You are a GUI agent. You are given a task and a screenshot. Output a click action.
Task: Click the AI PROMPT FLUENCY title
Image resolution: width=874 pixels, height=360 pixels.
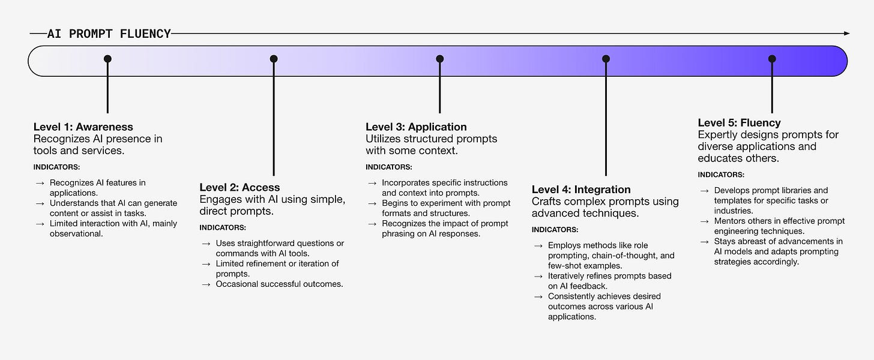pos(109,34)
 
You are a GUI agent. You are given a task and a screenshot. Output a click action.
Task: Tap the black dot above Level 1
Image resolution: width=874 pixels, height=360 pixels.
pos(107,59)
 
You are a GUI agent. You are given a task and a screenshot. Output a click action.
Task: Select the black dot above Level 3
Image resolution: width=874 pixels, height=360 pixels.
pos(440,59)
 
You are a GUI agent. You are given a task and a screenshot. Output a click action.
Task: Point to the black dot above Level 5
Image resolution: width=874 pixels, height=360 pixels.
pos(772,59)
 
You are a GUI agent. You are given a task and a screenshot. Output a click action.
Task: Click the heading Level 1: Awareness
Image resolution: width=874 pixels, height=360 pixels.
pos(83,127)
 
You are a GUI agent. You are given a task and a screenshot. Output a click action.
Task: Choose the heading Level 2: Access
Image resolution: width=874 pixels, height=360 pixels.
pos(240,188)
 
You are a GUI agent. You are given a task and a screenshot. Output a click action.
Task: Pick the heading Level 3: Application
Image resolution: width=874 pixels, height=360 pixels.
pos(416,127)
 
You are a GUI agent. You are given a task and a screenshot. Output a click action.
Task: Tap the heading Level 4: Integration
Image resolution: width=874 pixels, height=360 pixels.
pos(581,190)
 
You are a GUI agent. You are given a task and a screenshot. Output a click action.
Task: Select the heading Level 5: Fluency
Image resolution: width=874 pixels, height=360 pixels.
pos(739,122)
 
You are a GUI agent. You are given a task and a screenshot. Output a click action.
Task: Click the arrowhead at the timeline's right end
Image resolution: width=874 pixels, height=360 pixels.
pos(846,34)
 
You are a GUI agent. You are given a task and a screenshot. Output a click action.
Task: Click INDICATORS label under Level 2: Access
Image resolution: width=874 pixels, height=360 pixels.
pos(223,227)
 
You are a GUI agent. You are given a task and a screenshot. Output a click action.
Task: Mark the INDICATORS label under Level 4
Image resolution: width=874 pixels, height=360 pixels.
pos(555,230)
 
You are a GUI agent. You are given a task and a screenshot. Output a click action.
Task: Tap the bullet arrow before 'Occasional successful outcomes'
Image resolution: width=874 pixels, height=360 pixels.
pos(206,284)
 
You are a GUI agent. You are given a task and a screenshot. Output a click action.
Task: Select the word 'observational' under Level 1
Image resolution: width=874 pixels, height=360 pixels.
pos(76,233)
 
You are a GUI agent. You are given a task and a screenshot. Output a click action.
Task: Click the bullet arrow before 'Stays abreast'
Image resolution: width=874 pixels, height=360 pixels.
pos(704,242)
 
